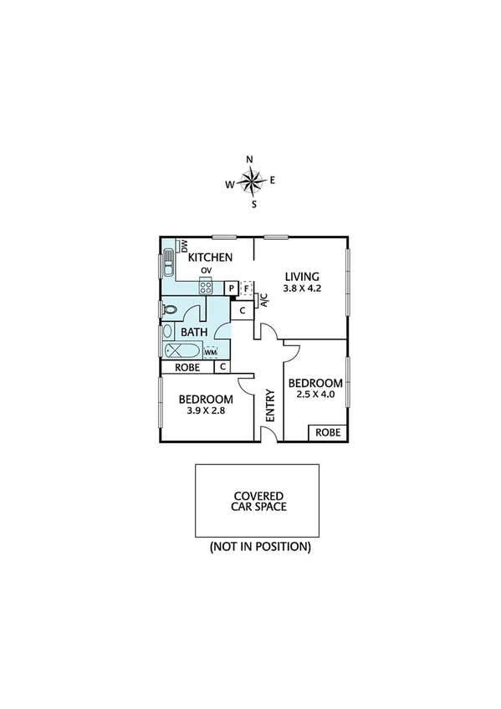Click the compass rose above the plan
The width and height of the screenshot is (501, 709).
251,180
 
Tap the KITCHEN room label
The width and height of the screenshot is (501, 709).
209,258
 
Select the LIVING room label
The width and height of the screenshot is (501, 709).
302,277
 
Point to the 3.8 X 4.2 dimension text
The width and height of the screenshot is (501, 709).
302,290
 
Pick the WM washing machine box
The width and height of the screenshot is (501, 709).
210,353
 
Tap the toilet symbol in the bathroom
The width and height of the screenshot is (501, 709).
170,310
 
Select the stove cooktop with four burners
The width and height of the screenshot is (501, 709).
206,287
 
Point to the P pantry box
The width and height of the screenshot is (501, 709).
232,288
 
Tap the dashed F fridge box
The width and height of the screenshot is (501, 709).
246,288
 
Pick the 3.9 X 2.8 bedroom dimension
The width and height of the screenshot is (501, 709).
205,411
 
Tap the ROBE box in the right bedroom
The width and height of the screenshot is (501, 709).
328,432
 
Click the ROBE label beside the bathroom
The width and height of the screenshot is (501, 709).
187,367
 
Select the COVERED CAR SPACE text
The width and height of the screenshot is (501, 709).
258,501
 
